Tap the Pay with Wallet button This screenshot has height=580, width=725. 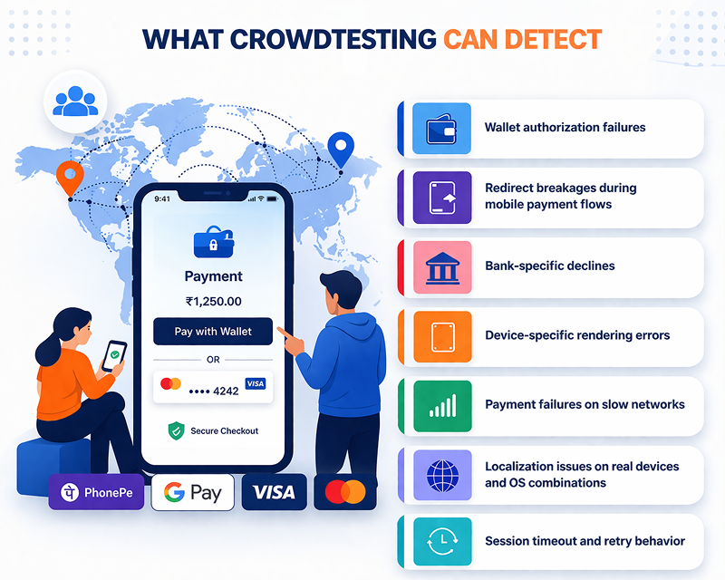[213, 331]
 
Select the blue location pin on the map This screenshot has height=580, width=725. [340, 147]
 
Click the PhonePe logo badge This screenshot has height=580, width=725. [96, 492]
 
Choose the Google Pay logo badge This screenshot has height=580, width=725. [192, 492]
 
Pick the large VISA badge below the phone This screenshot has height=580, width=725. [274, 492]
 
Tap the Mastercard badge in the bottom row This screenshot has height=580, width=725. [345, 492]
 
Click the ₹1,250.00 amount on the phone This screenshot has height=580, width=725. [213, 301]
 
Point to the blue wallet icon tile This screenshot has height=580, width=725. [441, 128]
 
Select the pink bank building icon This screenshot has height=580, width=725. [441, 266]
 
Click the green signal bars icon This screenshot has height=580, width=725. [441, 405]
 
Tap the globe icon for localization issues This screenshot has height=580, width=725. [441, 474]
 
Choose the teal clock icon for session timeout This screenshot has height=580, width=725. [441, 542]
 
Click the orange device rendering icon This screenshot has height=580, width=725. [441, 335]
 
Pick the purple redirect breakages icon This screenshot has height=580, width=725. [441, 197]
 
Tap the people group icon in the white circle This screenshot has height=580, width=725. [74, 101]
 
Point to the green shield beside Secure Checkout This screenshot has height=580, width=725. [176, 431]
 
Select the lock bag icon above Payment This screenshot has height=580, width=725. [213, 244]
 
